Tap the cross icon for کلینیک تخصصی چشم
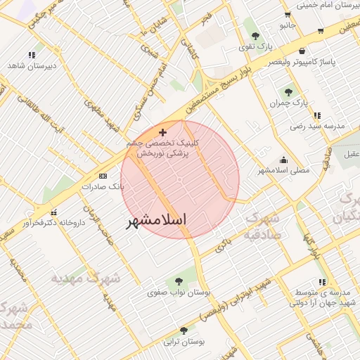pyautogui.click(x=163, y=132)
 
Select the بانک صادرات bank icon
pyautogui.click(x=103, y=176)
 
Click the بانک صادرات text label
pyautogui.click(x=103, y=187)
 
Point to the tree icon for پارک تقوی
pyautogui.click(x=255, y=36)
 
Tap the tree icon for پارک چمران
pyautogui.click(x=288, y=92)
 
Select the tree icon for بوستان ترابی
pyautogui.click(x=184, y=330)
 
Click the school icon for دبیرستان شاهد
pyautogui.click(x=31, y=54)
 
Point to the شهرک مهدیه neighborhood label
pyautogui.click(x=85, y=278)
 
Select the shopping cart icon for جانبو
pyautogui.click(x=288, y=15)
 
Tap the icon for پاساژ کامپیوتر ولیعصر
pyautogui.click(x=302, y=51)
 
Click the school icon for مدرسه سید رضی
pyautogui.click(x=317, y=115)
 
